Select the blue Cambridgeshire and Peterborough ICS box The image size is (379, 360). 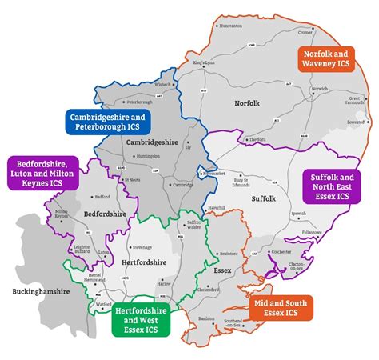103,122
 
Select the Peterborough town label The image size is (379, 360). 139,102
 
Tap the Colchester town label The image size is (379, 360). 304,250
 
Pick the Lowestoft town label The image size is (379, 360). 356,122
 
